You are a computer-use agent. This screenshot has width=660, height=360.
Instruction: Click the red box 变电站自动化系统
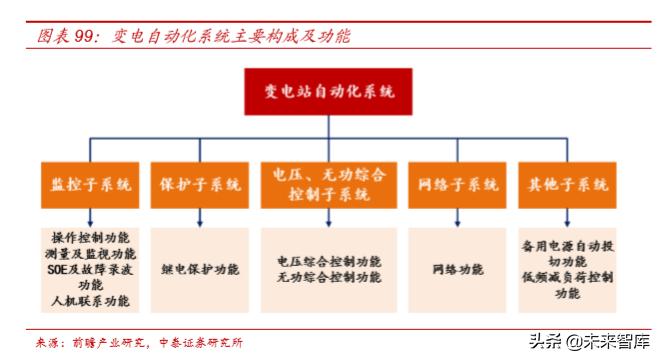pos(329,92)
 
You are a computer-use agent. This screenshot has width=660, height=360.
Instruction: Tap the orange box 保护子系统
pos(200,184)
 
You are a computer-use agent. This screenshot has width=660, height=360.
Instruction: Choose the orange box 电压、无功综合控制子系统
pos(328,184)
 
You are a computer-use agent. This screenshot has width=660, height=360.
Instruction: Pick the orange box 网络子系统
pos(457,184)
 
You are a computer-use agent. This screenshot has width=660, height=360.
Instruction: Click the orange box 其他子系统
pos(568,184)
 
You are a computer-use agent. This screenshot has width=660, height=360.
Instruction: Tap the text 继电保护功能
pos(200,269)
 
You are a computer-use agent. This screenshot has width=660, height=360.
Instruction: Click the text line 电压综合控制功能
pos(329,261)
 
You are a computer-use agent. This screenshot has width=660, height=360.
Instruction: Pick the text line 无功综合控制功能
pos(329,277)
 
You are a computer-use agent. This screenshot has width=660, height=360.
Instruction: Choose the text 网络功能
pos(457,269)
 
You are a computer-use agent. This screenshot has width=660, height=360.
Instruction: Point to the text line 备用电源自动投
pos(568,245)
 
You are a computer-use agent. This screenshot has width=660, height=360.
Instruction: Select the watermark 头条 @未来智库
pos(589,340)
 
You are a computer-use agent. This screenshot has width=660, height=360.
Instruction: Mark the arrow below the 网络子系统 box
pos(457,217)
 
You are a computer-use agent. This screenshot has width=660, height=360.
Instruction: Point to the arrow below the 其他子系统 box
pos(568,217)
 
